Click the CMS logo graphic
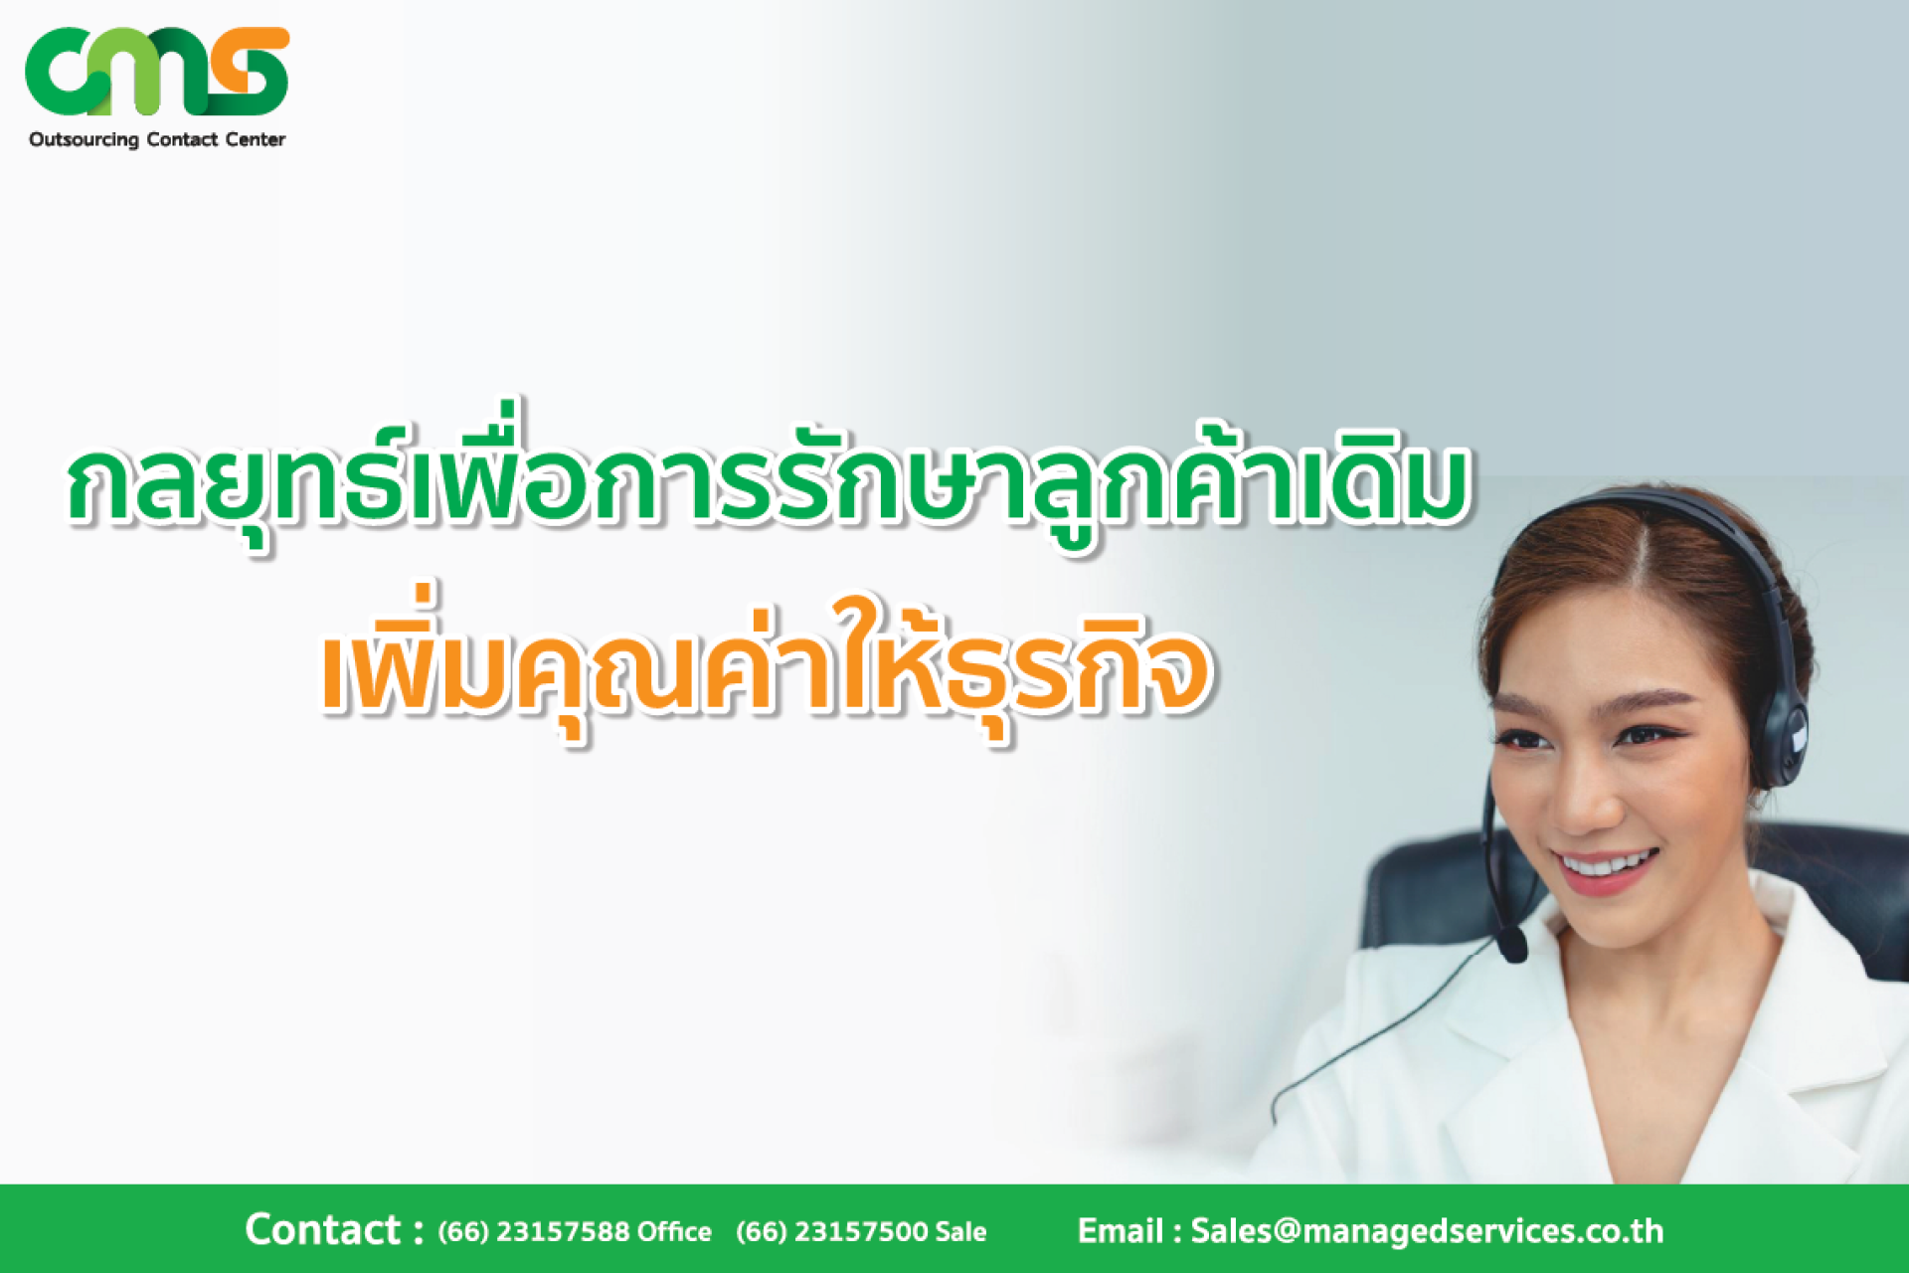[x=157, y=71]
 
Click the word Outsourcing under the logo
[x=84, y=140]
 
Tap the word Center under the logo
[x=256, y=139]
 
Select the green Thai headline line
[x=768, y=479]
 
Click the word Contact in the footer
[x=322, y=1230]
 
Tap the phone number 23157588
[x=562, y=1232]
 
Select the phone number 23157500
[x=860, y=1232]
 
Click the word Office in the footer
[x=674, y=1232]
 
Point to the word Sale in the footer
[x=960, y=1232]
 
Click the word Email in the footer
[x=1120, y=1231]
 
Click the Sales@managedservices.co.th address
[x=1427, y=1231]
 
